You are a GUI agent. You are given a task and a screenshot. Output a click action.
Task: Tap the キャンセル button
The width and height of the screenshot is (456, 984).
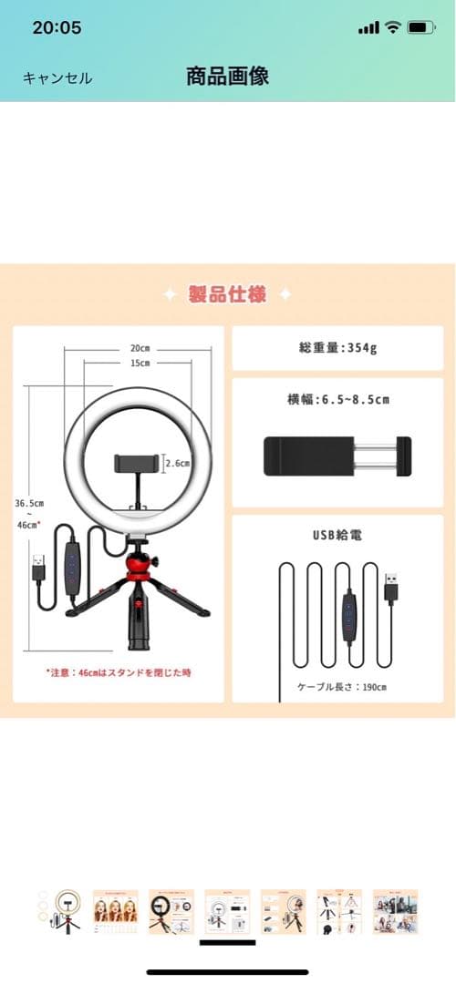57,78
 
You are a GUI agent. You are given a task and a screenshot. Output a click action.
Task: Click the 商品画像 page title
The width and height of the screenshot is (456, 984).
227,76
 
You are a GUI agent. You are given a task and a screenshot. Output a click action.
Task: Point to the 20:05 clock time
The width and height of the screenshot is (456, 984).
57,27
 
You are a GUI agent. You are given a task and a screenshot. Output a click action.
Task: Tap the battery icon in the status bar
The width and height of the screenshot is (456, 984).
420,27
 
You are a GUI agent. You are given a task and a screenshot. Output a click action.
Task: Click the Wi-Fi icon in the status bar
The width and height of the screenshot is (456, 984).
392,27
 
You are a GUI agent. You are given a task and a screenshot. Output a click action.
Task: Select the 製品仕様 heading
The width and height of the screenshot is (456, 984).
227,294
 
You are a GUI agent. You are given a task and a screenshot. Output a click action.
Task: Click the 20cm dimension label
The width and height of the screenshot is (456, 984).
140,348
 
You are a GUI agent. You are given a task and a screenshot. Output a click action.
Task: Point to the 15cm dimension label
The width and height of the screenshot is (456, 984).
140,364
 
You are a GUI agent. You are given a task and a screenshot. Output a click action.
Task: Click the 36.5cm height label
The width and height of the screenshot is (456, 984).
29,502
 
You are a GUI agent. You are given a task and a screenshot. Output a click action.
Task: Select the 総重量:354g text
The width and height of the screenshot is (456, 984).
337,347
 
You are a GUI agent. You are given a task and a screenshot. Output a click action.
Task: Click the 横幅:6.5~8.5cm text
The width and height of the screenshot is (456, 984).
337,399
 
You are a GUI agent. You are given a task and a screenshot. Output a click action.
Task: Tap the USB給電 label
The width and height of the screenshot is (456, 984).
337,536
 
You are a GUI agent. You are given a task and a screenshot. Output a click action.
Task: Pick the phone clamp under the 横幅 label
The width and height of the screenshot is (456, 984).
337,455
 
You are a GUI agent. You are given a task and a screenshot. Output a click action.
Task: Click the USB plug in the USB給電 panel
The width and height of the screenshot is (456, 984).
391,588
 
